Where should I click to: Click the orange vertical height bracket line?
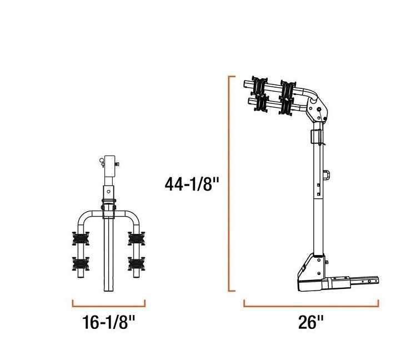pyautogui.click(x=229, y=183)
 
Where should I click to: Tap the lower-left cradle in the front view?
pyautogui.click(x=81, y=262)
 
